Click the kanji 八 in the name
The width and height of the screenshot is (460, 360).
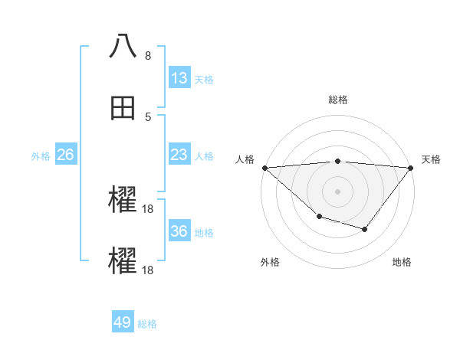click(x=123, y=45)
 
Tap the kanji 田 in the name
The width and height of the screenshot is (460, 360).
click(x=123, y=110)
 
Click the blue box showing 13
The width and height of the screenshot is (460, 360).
click(x=179, y=78)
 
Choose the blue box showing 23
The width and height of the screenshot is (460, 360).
click(x=179, y=155)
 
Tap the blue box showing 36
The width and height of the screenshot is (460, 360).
click(x=179, y=231)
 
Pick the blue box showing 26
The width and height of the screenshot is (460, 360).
click(x=65, y=155)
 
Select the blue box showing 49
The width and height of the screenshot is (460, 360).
click(x=123, y=322)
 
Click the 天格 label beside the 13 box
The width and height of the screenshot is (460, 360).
click(x=204, y=80)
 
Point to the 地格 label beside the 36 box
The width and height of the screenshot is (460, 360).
click(x=204, y=233)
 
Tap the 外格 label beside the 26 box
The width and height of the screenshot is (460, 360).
click(x=41, y=156)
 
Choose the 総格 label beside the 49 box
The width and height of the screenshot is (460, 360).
click(x=147, y=324)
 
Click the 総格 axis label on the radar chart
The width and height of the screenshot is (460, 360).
click(x=337, y=100)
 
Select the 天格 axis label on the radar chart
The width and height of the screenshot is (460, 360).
click(x=431, y=159)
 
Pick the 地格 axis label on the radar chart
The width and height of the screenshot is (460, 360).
click(x=402, y=262)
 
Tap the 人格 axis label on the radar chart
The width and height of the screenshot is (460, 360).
click(x=245, y=159)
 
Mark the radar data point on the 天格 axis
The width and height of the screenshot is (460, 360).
click(x=411, y=168)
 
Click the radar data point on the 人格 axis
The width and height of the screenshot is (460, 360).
click(x=264, y=168)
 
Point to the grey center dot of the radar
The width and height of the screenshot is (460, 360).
click(x=337, y=191)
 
